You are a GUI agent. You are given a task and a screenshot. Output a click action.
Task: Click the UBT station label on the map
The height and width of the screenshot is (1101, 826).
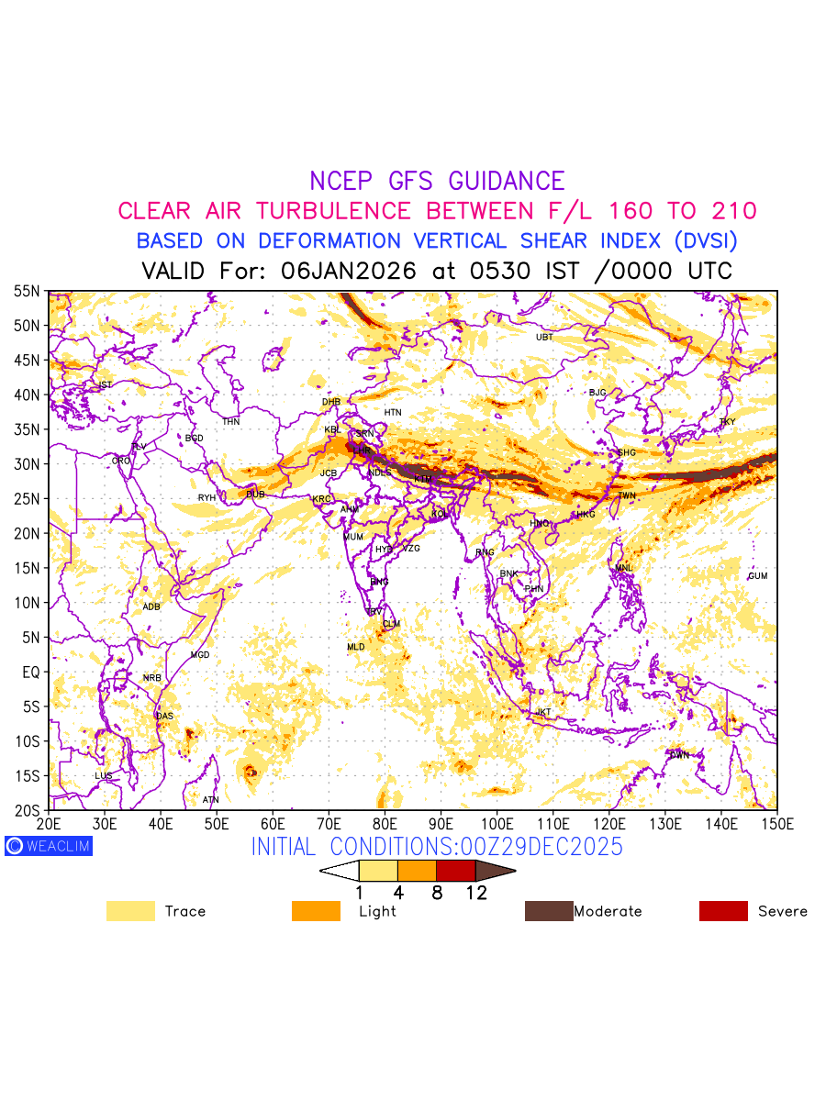point(544,337)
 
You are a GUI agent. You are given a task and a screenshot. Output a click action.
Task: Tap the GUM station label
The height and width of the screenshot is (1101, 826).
point(757,576)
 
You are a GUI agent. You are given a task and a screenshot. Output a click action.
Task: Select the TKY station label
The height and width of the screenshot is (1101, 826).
point(727,422)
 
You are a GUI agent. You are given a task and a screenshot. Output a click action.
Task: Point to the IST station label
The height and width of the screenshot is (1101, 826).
point(105,384)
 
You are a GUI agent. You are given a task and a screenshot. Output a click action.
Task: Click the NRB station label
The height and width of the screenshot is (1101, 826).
point(151,678)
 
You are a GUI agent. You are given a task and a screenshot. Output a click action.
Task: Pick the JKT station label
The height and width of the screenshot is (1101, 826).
point(543,712)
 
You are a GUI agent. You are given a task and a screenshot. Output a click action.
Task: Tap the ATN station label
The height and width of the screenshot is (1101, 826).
point(210,800)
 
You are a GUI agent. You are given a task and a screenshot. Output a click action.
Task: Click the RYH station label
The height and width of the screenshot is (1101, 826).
point(206,498)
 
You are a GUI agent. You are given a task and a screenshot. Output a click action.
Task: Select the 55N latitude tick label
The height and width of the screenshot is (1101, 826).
point(27,292)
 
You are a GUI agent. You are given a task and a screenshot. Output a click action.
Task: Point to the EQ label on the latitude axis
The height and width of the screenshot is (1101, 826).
point(30,673)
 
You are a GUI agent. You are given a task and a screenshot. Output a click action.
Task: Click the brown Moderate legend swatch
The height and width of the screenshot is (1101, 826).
point(548,911)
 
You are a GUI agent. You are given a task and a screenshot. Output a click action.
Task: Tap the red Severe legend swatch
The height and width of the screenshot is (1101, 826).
point(723,911)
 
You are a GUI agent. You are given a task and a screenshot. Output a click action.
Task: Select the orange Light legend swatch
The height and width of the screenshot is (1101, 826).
point(315,911)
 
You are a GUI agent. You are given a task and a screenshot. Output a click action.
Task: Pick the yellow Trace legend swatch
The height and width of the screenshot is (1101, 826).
point(130,911)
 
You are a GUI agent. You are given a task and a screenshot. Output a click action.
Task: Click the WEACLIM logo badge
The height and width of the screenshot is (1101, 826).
point(48,846)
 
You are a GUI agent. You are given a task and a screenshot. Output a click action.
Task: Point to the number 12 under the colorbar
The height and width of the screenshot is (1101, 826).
point(475,892)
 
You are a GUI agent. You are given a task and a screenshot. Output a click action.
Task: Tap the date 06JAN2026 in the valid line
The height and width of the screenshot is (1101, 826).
point(349,272)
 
